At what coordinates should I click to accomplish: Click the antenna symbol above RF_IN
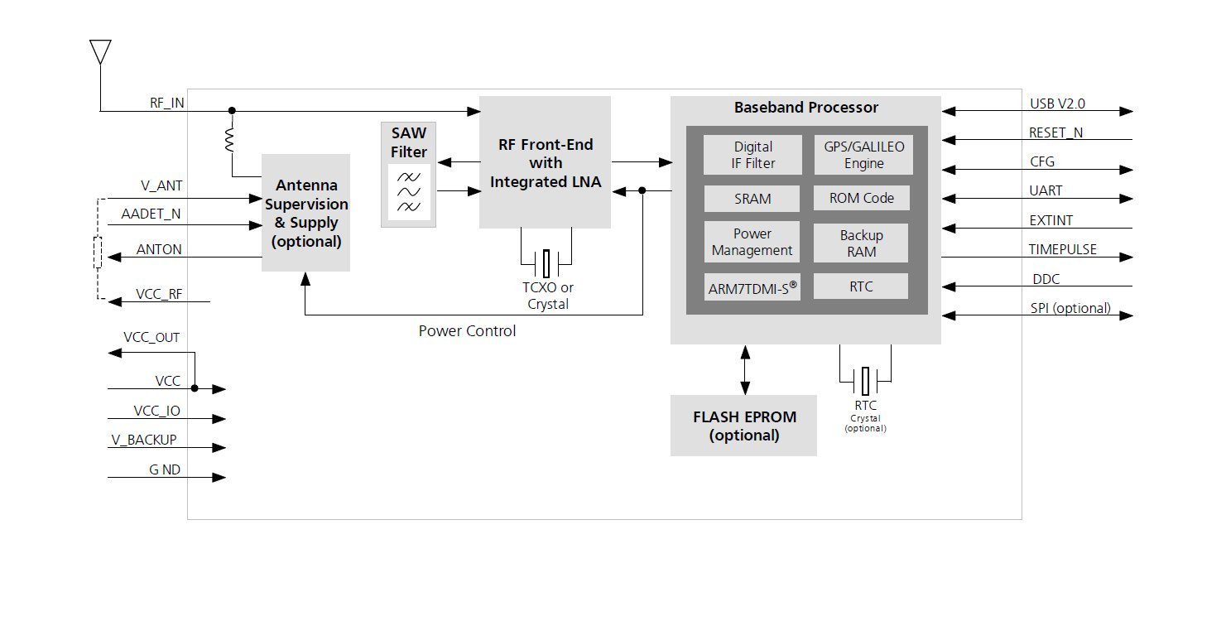[x=100, y=52]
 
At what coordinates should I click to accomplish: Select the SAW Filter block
[x=408, y=174]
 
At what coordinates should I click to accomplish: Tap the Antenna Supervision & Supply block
[x=306, y=213]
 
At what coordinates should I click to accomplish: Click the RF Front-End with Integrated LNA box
[x=545, y=162]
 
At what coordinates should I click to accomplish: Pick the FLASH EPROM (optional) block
[x=743, y=426]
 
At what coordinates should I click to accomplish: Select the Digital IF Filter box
[x=753, y=155]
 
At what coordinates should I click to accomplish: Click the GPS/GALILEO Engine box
[x=863, y=155]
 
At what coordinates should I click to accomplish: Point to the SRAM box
[x=752, y=199]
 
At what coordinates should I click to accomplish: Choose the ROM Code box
[x=861, y=198]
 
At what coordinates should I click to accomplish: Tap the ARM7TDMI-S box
[x=752, y=288]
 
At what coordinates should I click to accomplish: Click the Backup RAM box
[x=861, y=243]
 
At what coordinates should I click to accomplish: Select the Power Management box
[x=752, y=242]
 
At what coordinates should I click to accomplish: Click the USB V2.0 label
[x=1057, y=104]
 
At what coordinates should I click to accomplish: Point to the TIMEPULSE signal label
[x=1062, y=249]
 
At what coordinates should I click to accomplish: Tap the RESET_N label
[x=1056, y=132]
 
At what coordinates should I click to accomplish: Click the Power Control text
[x=467, y=331]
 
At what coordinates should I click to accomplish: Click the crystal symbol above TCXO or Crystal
[x=546, y=264]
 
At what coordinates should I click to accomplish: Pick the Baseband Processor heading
[x=805, y=108]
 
